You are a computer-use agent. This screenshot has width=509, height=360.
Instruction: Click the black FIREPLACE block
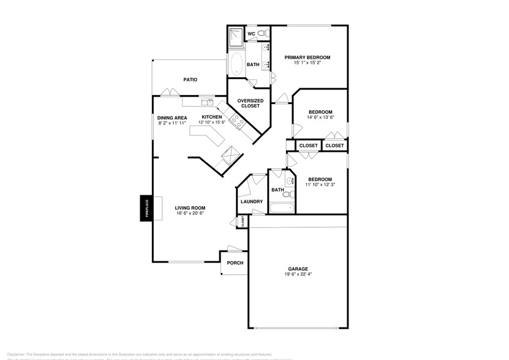click(146, 209)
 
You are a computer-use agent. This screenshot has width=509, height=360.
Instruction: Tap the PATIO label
click(190, 80)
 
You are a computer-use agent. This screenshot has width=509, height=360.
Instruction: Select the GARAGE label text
click(298, 268)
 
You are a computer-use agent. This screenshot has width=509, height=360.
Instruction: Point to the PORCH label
click(235, 263)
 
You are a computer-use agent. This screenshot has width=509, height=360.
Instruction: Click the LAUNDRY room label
click(252, 201)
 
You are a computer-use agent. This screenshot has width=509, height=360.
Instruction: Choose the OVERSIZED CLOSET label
click(251, 103)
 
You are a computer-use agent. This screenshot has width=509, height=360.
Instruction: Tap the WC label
click(251, 33)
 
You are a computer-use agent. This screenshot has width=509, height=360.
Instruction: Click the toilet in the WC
click(262, 33)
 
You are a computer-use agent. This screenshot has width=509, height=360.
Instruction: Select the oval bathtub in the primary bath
click(236, 64)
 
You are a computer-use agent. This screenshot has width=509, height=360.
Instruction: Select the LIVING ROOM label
click(190, 208)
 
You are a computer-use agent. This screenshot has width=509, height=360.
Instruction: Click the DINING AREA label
click(172, 118)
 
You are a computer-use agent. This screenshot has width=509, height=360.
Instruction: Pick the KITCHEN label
click(212, 117)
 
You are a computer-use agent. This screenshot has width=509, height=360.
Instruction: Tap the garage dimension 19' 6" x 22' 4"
click(298, 274)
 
